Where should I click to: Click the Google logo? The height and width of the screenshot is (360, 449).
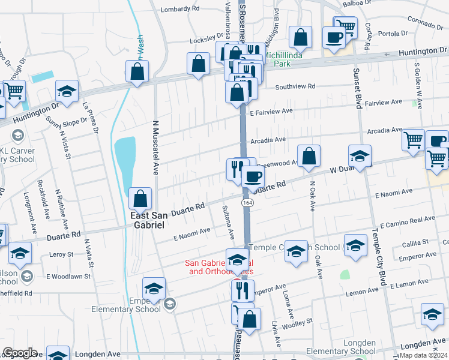(x=20, y=353)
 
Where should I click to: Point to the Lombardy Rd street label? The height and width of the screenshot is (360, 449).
(x=181, y=9)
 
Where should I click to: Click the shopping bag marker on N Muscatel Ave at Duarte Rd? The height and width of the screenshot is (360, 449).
(x=140, y=198)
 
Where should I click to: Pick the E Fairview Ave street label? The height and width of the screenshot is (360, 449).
(x=271, y=111)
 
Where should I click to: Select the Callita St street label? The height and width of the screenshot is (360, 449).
(x=415, y=242)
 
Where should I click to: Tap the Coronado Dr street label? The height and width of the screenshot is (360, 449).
(x=424, y=19)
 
